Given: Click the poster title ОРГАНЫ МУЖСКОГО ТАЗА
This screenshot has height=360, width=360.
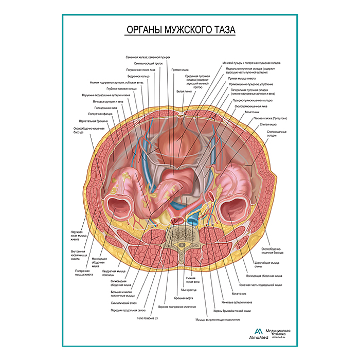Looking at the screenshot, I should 180,30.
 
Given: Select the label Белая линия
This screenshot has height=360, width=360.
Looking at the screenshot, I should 184,91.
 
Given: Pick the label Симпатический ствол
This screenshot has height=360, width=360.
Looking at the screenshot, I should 125,303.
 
